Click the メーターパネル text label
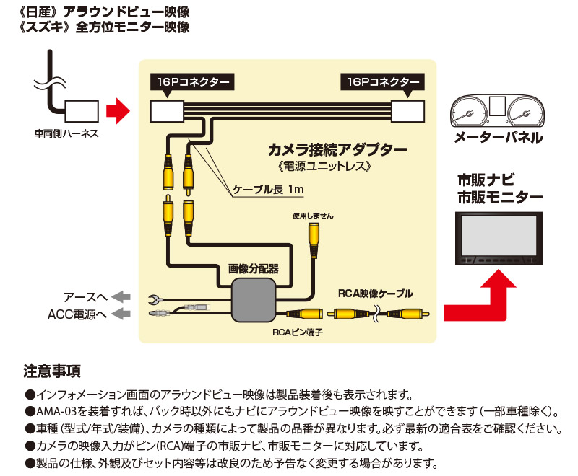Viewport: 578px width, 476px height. click(498, 138)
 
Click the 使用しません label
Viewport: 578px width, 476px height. click(313, 215)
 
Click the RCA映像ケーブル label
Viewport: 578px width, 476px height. click(375, 294)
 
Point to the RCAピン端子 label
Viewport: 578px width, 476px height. click(297, 332)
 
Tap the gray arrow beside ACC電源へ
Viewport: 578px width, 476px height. click(121, 314)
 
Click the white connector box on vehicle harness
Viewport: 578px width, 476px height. click(82, 112)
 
